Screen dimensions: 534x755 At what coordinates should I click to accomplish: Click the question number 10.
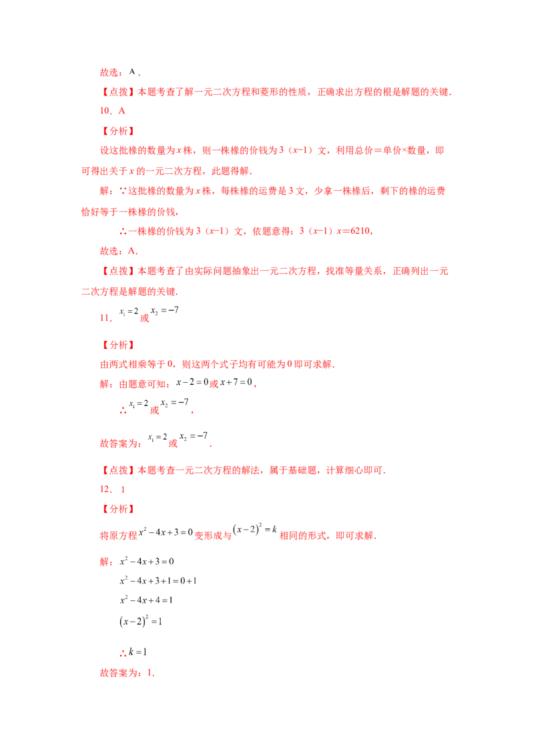(x=105, y=111)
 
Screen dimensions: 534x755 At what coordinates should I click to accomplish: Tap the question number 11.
(x=105, y=317)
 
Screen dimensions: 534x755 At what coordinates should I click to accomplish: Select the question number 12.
(x=105, y=489)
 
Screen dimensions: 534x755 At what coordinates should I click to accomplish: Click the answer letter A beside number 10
(x=122, y=111)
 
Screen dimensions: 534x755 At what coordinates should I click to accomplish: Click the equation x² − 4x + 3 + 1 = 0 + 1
(x=158, y=581)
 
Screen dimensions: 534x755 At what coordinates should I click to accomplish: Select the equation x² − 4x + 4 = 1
(x=146, y=600)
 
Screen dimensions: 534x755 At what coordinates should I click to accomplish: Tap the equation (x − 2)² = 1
(x=141, y=621)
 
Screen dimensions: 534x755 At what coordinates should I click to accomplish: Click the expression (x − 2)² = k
(x=254, y=530)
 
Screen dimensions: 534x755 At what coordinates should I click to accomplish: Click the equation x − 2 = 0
(x=192, y=382)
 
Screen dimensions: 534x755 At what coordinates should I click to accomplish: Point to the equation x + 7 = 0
(x=236, y=382)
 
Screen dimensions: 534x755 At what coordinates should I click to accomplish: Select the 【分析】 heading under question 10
(x=118, y=131)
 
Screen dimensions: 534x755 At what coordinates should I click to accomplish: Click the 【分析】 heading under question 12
(x=118, y=509)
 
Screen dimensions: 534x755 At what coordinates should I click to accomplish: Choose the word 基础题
(x=302, y=470)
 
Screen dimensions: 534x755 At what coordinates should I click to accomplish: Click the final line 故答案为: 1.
(x=127, y=673)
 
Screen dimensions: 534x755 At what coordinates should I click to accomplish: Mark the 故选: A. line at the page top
(x=120, y=72)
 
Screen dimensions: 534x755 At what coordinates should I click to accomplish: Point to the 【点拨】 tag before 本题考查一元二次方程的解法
(x=118, y=470)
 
